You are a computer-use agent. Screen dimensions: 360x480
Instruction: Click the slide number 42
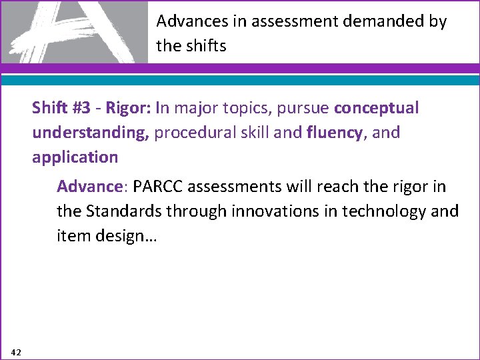[x=16, y=351]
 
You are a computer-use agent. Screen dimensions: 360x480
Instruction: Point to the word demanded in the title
[x=371, y=21]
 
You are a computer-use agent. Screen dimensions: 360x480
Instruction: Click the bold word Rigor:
[x=125, y=108]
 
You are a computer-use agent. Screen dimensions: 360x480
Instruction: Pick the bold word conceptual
[x=377, y=108]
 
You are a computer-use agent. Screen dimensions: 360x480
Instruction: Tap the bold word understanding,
[x=91, y=133]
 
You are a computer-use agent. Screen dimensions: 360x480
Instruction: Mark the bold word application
[x=75, y=157]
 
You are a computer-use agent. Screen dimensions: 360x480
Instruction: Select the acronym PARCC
[x=158, y=186]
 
